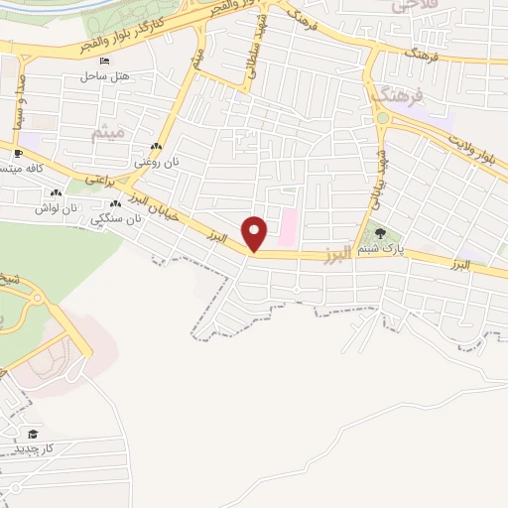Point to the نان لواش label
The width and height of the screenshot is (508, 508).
(56, 208)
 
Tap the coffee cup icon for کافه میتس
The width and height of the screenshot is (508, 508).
(18, 153)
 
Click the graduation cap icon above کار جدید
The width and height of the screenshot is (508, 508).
(33, 434)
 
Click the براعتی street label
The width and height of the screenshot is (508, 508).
(99, 180)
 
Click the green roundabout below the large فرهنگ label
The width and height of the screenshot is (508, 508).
(382, 118)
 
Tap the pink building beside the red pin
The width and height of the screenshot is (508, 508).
(287, 228)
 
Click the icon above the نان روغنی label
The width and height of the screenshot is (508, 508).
(156, 147)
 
